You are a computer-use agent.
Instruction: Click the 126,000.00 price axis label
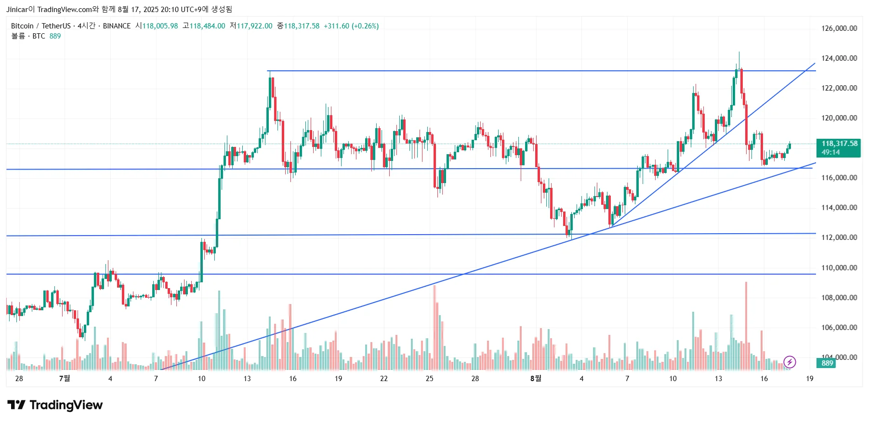pyautogui.click(x=839, y=28)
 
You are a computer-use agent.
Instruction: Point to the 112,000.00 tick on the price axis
pyautogui.click(x=839, y=238)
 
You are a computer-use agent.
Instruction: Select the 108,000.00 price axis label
pyautogui.click(x=839, y=298)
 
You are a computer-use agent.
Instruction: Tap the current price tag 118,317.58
pyautogui.click(x=839, y=144)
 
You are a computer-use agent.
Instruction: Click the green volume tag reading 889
pyautogui.click(x=827, y=363)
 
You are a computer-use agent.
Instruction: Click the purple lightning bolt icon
pyautogui.click(x=790, y=362)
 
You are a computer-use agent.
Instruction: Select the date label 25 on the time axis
pyautogui.click(x=429, y=379)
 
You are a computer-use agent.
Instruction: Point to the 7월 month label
pyautogui.click(x=65, y=379)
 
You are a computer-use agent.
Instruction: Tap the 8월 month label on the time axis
pyautogui.click(x=536, y=379)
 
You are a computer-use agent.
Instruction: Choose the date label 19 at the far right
pyautogui.click(x=809, y=379)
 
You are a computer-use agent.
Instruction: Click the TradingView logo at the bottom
pyautogui.click(x=55, y=405)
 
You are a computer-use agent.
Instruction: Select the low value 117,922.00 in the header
pyautogui.click(x=254, y=26)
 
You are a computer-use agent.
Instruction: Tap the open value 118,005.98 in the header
pyautogui.click(x=160, y=26)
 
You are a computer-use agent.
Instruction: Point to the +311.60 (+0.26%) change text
pyautogui.click(x=351, y=26)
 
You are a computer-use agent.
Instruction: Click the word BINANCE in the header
pyautogui.click(x=117, y=26)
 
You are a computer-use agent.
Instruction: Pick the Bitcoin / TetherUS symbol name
pyautogui.click(x=40, y=26)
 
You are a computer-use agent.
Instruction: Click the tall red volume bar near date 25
pyautogui.click(x=434, y=328)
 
